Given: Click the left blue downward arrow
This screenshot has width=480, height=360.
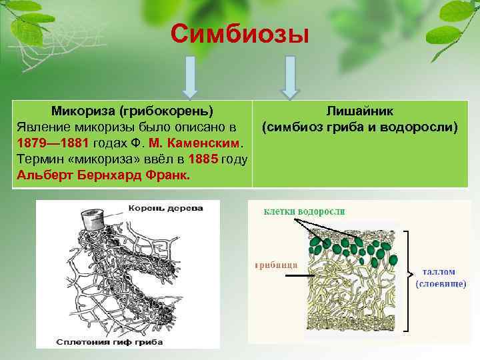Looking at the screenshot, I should coord(190,75).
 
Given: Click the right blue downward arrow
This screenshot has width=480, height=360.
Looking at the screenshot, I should coord(289,75).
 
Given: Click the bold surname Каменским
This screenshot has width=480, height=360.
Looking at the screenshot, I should coord(207,143).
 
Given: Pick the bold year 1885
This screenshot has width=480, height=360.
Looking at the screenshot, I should coord(203,160).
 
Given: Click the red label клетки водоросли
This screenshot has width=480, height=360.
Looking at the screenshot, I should coord(304,211).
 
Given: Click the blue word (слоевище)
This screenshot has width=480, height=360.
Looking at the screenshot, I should coord(441,284).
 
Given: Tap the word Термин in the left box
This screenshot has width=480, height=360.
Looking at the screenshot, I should coord(38,160).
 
